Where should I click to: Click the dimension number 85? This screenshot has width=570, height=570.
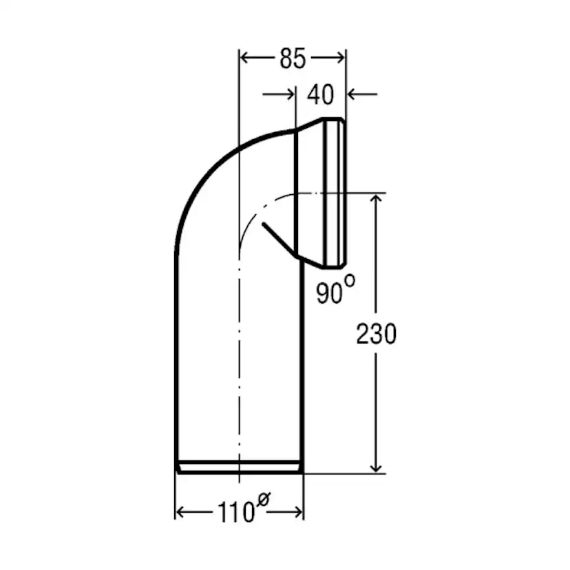click(293, 58)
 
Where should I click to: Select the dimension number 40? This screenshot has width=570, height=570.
click(320, 94)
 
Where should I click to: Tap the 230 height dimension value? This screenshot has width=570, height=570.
click(377, 334)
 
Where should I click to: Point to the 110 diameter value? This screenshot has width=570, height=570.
click(236, 512)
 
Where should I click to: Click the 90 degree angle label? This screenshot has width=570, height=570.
click(329, 294)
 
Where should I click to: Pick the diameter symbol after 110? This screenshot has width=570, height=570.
click(264, 500)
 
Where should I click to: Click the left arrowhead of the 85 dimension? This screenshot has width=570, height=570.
click(244, 57)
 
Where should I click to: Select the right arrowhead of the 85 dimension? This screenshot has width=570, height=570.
click(340, 57)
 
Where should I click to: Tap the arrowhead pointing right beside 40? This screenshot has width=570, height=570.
click(290, 94)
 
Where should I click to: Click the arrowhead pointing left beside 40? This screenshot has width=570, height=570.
click(352, 94)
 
